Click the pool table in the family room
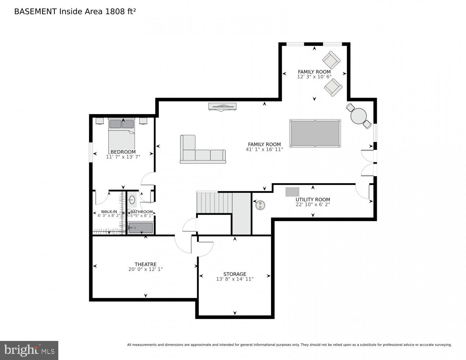point(315,133)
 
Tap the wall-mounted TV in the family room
point(223,106)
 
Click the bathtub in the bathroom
point(140,228)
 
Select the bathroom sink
point(132,200)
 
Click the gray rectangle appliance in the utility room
point(292,192)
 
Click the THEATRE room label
point(145,264)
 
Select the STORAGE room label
point(235,274)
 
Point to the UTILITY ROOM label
point(312,199)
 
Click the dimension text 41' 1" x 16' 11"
point(264,149)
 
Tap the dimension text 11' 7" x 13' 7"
point(123,157)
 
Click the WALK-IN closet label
point(109,212)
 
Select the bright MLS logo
point(29,350)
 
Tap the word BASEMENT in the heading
point(35,12)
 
